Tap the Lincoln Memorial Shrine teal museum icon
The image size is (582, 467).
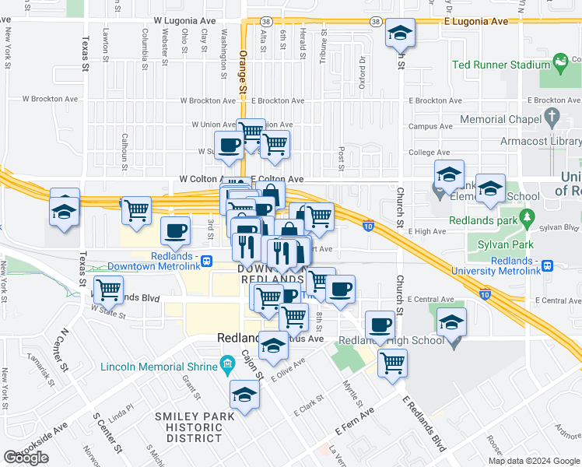[227, 364]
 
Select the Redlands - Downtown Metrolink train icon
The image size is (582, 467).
[207, 261]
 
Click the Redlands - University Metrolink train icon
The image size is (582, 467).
[549, 264]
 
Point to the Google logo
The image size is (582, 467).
[26, 458]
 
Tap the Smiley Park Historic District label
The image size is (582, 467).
[198, 427]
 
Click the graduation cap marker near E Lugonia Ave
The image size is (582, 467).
[400, 33]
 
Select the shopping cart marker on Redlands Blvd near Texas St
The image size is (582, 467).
[108, 290]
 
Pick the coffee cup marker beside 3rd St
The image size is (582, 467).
[175, 230]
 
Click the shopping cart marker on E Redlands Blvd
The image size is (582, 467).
[392, 362]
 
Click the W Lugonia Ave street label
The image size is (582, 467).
[184, 20]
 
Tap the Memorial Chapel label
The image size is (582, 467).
[500, 120]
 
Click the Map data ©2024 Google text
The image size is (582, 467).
[533, 461]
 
